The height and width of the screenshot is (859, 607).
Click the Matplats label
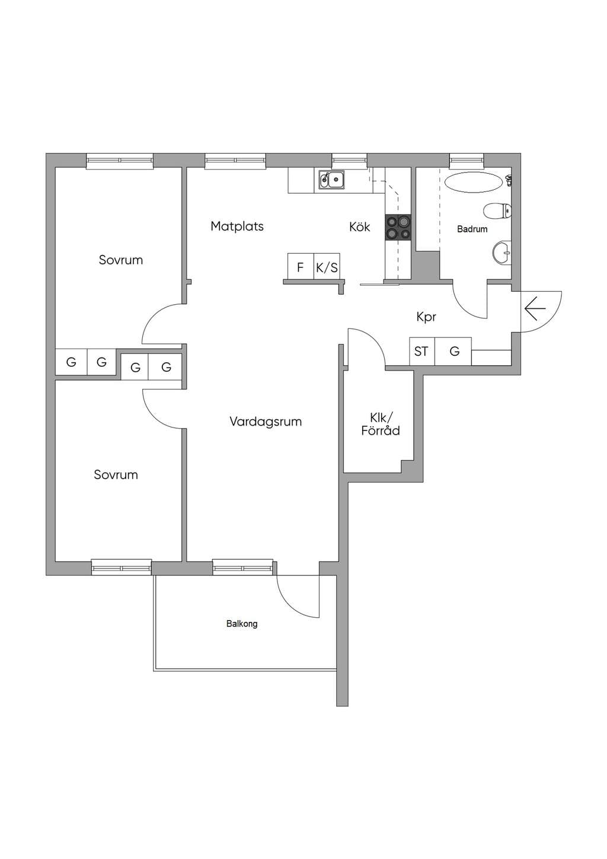point(237,226)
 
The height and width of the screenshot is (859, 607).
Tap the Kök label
point(359,226)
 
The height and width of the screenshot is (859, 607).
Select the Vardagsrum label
point(266,422)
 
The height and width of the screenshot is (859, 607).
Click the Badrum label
point(472,229)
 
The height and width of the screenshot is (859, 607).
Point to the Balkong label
point(242,624)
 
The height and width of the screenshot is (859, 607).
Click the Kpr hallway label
point(426,317)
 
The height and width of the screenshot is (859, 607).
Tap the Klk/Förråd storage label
point(381,424)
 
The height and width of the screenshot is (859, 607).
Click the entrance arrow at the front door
point(535,308)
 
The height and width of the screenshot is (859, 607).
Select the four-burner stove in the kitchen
point(398,228)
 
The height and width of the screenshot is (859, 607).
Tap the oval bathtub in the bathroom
point(474,182)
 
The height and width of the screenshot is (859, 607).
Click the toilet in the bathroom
point(497,210)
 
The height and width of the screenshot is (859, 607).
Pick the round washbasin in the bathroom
point(502,253)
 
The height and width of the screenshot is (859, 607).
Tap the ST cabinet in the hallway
point(422,352)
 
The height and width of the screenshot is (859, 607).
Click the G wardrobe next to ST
point(453,352)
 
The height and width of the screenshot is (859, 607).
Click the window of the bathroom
point(467,160)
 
